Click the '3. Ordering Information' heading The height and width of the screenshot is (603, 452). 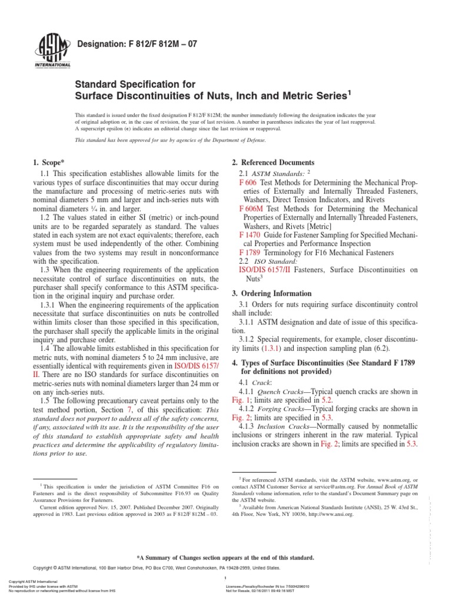click(270, 293)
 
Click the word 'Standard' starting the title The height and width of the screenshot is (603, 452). click(92, 84)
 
